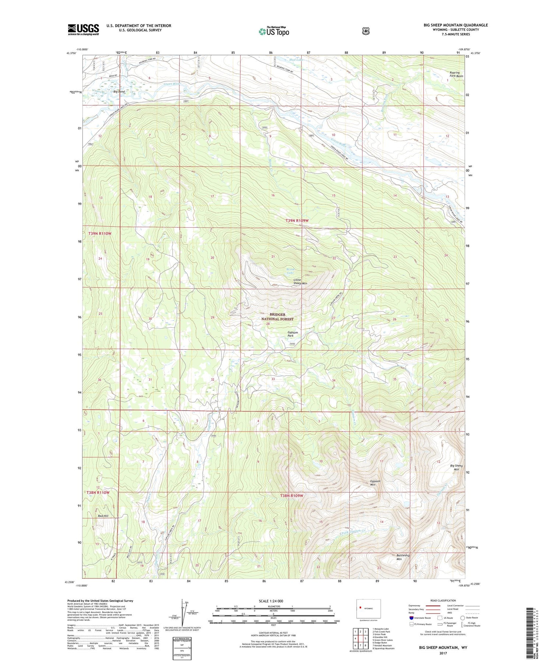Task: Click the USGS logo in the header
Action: click(x=83, y=29)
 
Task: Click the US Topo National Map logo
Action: click(x=274, y=31)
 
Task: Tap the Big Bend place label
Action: click(x=119, y=91)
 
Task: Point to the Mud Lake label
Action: click(x=297, y=60)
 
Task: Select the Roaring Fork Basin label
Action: click(x=456, y=74)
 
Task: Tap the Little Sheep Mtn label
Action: click(x=300, y=282)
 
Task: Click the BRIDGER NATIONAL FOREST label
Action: click(x=277, y=317)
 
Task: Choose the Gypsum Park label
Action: click(x=293, y=334)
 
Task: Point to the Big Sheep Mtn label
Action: click(x=456, y=468)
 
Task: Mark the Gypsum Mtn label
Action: click(x=375, y=483)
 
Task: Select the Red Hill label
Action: click(x=103, y=516)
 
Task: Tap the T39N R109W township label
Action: click(x=297, y=221)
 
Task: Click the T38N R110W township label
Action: click(x=98, y=492)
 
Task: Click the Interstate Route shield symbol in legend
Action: click(x=411, y=618)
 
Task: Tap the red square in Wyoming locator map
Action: click(x=361, y=608)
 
